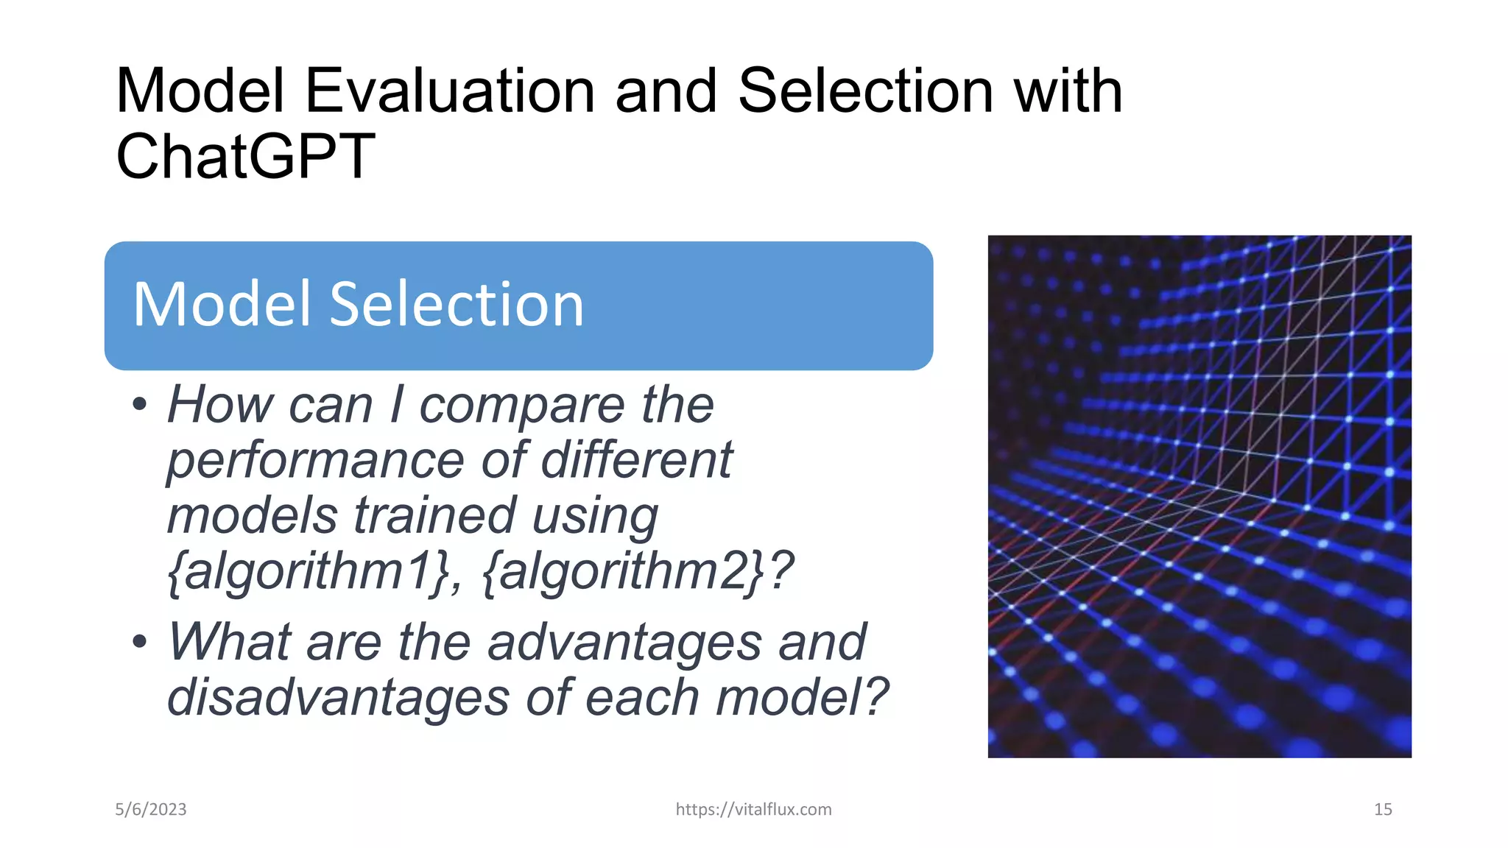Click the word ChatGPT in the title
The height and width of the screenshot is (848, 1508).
tap(245, 157)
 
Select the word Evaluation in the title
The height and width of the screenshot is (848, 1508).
tap(449, 91)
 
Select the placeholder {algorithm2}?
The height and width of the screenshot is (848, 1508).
tap(638, 571)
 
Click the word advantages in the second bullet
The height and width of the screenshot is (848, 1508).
tap(624, 642)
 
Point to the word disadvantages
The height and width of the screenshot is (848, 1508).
tap(337, 697)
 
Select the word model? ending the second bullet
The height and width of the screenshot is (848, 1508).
tap(803, 697)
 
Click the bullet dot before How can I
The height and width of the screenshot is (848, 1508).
tap(140, 404)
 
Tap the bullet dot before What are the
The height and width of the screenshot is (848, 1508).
tap(140, 641)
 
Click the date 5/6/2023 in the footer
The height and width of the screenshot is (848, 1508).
tap(151, 810)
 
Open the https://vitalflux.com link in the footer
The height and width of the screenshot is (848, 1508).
tap(753, 810)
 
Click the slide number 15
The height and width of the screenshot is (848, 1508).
tap(1382, 810)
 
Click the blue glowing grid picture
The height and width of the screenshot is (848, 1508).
tap(1199, 496)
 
